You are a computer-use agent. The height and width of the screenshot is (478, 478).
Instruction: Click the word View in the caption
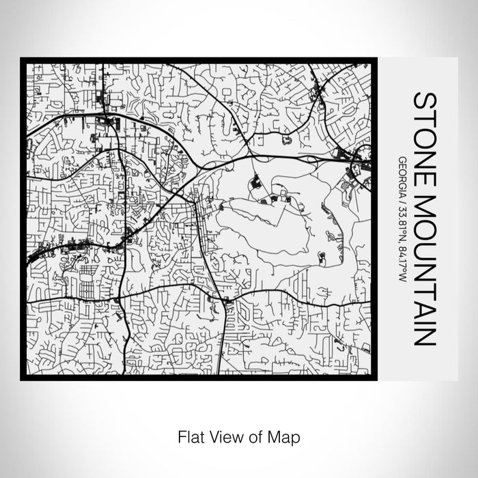[x=225, y=435]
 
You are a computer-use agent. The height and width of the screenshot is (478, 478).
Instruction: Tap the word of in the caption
[x=256, y=435]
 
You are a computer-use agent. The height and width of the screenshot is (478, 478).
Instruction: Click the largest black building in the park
[x=256, y=182]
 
